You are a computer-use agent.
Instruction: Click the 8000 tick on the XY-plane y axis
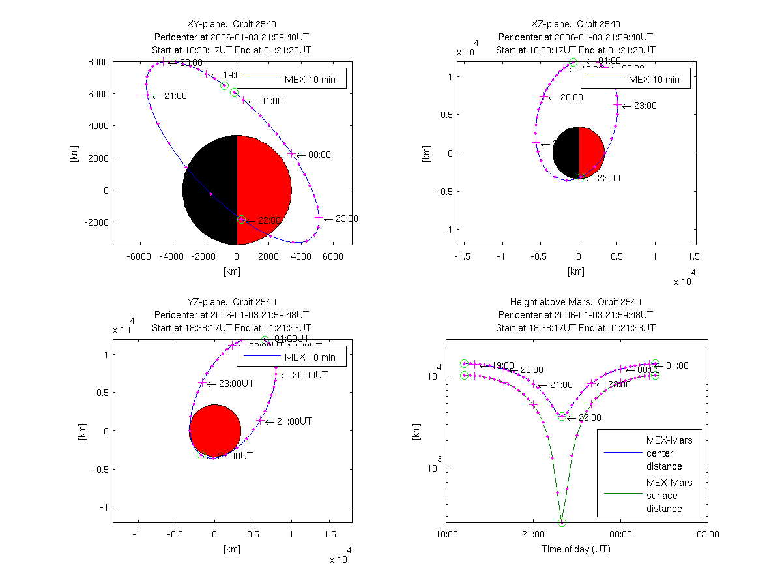click(x=99, y=62)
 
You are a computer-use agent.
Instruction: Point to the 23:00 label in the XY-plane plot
click(x=347, y=219)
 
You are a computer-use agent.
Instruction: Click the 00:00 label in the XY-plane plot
click(x=319, y=155)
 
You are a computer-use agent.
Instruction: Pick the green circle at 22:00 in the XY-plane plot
click(x=241, y=220)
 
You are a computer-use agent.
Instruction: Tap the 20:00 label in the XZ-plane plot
click(x=572, y=98)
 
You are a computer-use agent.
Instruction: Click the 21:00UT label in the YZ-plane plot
click(x=293, y=421)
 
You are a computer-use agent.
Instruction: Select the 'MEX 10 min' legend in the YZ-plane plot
click(x=291, y=357)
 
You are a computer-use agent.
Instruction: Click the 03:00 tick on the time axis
click(x=708, y=534)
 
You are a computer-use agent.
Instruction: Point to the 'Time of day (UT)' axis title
click(x=576, y=549)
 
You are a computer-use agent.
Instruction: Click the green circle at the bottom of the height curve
click(x=562, y=522)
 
